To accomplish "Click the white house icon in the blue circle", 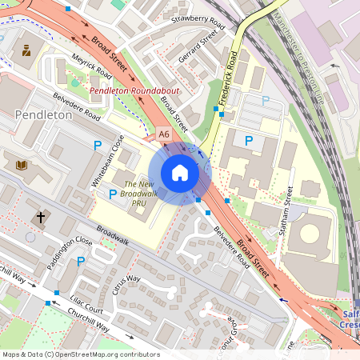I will pos(180,173).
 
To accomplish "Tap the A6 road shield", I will pos(164,134).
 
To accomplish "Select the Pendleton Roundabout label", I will pos(134,92).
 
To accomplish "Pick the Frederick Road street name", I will pos(228,79).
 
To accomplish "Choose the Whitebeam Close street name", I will pos(107,161).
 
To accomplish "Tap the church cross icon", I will pos(41,217).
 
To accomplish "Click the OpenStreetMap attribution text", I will pos(81,354).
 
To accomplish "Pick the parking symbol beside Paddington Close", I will pos(80,261).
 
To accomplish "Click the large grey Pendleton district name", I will pos(43,115).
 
